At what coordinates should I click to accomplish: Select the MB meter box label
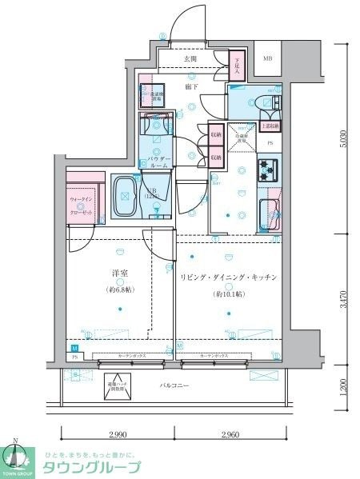267,58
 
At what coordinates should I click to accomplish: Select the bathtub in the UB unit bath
125,196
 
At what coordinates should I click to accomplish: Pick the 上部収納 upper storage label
270,126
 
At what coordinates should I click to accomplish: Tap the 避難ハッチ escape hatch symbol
118,385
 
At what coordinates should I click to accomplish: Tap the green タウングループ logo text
91,468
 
